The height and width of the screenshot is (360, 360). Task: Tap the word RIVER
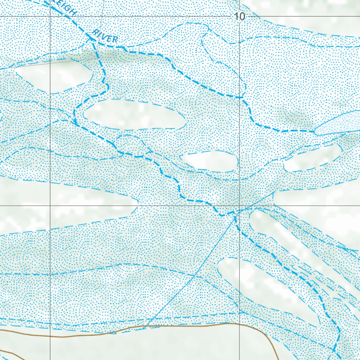pos(105,36)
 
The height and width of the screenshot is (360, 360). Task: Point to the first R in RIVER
pos(95,32)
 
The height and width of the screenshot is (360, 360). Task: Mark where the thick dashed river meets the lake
pos(315,131)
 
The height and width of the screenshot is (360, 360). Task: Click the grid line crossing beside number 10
pos(240,16)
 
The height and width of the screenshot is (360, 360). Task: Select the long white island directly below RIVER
pos(134,114)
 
